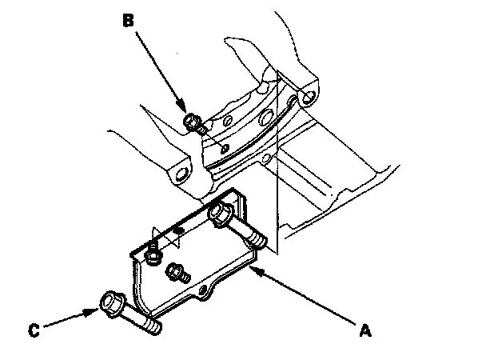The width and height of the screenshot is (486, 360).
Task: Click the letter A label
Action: [365, 328]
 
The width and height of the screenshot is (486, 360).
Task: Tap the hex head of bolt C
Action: [110, 304]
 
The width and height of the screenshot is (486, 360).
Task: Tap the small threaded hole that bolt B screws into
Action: [223, 146]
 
